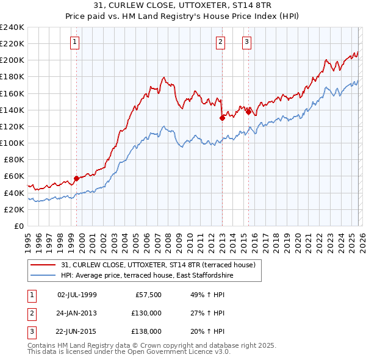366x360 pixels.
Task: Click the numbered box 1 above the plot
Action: click(74, 42)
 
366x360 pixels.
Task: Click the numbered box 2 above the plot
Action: click(220, 42)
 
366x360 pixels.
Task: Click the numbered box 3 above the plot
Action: click(246, 42)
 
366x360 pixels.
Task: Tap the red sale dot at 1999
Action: click(76, 178)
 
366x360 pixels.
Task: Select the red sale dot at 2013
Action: click(222, 118)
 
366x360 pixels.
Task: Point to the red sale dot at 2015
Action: click(248, 112)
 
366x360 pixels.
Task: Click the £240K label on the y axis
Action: click(12, 27)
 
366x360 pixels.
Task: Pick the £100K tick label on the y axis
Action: click(12, 143)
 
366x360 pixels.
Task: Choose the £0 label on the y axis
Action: click(18, 226)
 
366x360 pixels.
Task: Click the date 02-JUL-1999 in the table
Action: click(77, 295)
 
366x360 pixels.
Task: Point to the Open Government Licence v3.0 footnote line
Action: click(129, 352)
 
